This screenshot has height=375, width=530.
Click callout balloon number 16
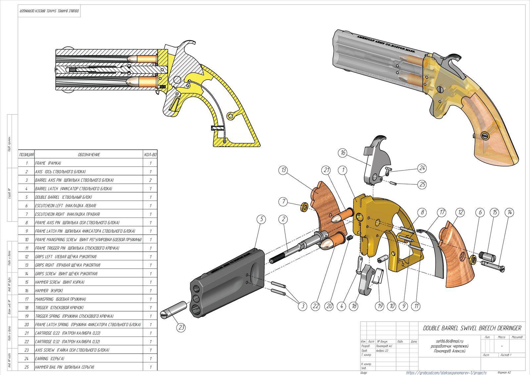(343, 153)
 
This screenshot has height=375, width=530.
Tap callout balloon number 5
(262, 219)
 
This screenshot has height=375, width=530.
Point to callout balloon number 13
(284, 170)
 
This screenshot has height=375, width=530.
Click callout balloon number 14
(510, 212)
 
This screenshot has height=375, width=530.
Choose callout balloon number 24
(422, 168)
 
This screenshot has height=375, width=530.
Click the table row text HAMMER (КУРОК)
(50, 291)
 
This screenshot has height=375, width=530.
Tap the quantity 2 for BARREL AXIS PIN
(151, 180)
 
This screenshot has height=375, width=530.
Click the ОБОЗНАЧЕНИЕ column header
(89, 155)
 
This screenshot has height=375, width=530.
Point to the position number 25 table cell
(26, 367)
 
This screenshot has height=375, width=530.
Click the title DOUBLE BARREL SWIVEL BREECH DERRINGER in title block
(472, 328)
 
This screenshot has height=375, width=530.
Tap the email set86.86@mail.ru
(449, 341)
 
